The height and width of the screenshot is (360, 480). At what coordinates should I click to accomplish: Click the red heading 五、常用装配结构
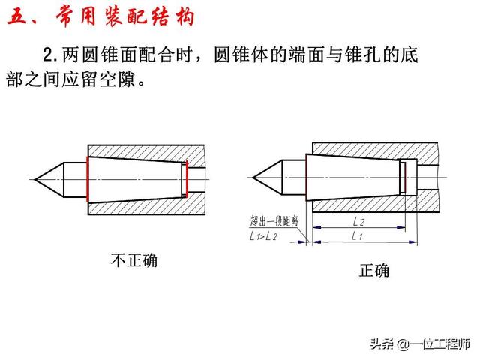point(101,16)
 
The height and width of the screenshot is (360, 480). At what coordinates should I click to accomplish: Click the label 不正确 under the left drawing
point(134,260)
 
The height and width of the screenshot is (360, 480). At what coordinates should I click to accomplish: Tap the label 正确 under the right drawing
point(374,270)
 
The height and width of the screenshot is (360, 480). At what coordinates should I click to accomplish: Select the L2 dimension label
point(358,221)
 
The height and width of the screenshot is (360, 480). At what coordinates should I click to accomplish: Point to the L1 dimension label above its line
point(357,235)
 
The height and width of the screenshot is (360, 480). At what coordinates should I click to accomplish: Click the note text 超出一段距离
point(274,220)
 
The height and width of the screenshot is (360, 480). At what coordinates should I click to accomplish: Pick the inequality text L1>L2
point(263,236)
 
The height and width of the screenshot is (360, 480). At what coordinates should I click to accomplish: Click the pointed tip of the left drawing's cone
point(34,179)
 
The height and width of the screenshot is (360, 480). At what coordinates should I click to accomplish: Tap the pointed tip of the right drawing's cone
point(253,178)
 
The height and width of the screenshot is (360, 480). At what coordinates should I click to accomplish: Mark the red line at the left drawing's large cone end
point(88,179)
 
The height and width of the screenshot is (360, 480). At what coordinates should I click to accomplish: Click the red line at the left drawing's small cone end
point(187,179)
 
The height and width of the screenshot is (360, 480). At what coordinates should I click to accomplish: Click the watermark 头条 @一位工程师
point(420,344)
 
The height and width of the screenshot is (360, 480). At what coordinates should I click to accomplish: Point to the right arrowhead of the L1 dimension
point(413,242)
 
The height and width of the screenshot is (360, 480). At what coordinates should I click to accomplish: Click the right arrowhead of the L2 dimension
point(401,227)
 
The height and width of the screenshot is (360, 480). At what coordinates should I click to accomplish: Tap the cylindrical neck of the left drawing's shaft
point(75,180)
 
